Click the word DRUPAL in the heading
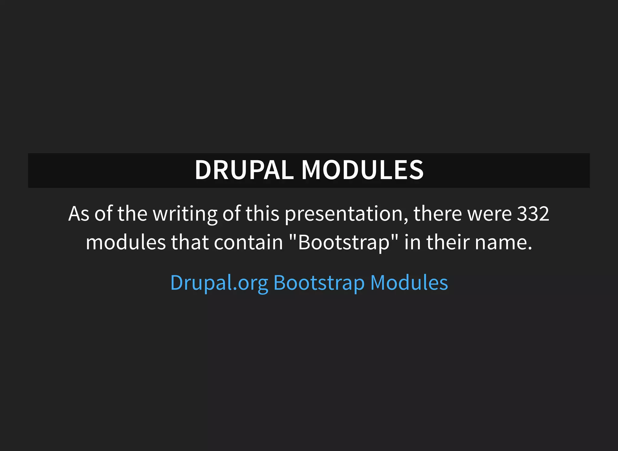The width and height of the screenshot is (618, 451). (244, 170)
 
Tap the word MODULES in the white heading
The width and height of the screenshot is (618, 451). (362, 170)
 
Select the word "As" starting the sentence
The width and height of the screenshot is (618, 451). (79, 214)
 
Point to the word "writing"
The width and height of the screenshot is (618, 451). (185, 214)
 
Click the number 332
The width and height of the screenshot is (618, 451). (533, 214)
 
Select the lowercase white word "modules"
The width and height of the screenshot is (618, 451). (126, 242)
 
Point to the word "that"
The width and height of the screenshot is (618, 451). (190, 242)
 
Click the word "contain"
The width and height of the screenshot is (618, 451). (248, 242)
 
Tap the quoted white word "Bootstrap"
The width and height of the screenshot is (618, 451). (344, 242)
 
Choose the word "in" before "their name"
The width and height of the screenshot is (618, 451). (413, 242)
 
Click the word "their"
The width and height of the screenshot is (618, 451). (448, 242)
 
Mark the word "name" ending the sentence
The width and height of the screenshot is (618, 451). (501, 242)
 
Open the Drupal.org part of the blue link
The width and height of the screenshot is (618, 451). (219, 283)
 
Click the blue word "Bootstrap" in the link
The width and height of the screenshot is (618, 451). (319, 283)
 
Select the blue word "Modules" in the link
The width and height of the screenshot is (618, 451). (409, 283)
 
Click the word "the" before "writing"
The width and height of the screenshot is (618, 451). (132, 214)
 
